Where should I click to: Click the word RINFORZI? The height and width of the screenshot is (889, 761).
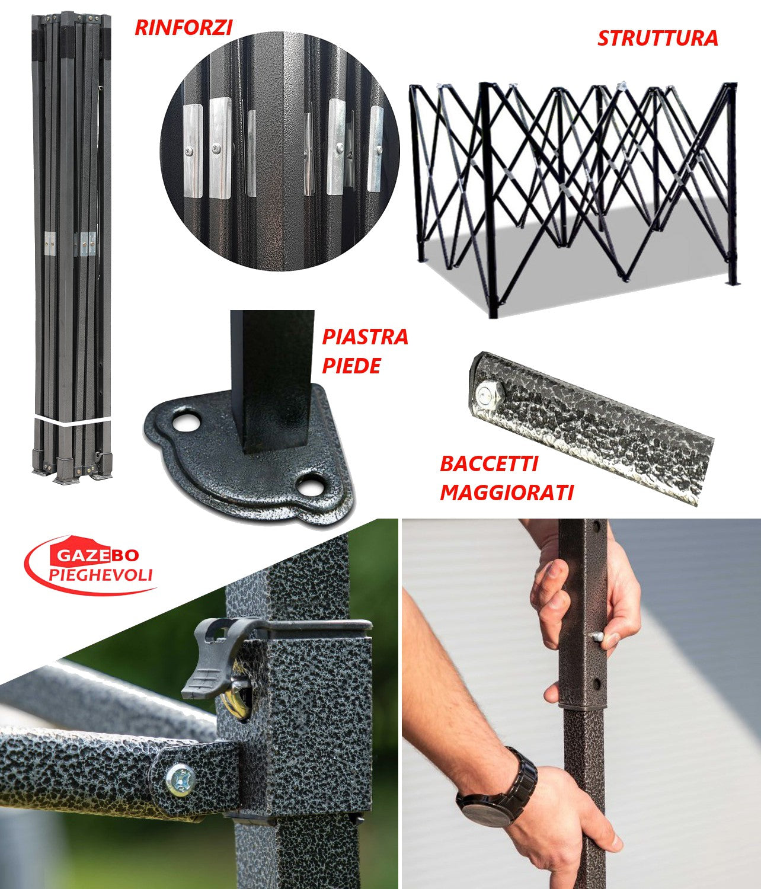[183, 27]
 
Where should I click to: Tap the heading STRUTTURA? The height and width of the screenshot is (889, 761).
[657, 39]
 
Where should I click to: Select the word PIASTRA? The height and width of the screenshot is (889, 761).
[364, 337]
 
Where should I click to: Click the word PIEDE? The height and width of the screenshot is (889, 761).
[351, 366]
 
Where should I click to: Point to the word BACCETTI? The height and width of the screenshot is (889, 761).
[488, 463]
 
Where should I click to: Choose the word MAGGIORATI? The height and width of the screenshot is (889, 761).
[506, 492]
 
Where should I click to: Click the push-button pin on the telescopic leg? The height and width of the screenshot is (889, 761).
[599, 637]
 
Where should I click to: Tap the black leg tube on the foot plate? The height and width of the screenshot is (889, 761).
[272, 379]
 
